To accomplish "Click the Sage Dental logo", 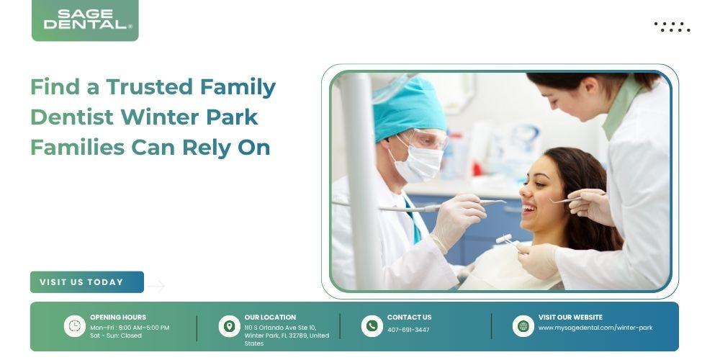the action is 85,20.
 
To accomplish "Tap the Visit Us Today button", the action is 87,282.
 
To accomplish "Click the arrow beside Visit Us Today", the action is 156,286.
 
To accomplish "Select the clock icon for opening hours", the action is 74,326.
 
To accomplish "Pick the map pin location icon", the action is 229,326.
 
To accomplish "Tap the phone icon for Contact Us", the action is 372,326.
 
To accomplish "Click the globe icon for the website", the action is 523,326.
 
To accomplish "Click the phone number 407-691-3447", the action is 408,330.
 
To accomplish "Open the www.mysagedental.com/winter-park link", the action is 595,328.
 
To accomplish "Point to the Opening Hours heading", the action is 118,318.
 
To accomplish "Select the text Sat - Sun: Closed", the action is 116,336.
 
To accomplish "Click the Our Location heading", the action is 270,318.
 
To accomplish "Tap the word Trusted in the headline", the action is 149,87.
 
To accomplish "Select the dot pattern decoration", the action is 672,27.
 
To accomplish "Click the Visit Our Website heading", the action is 570,318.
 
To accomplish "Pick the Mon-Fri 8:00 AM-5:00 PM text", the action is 130,328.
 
